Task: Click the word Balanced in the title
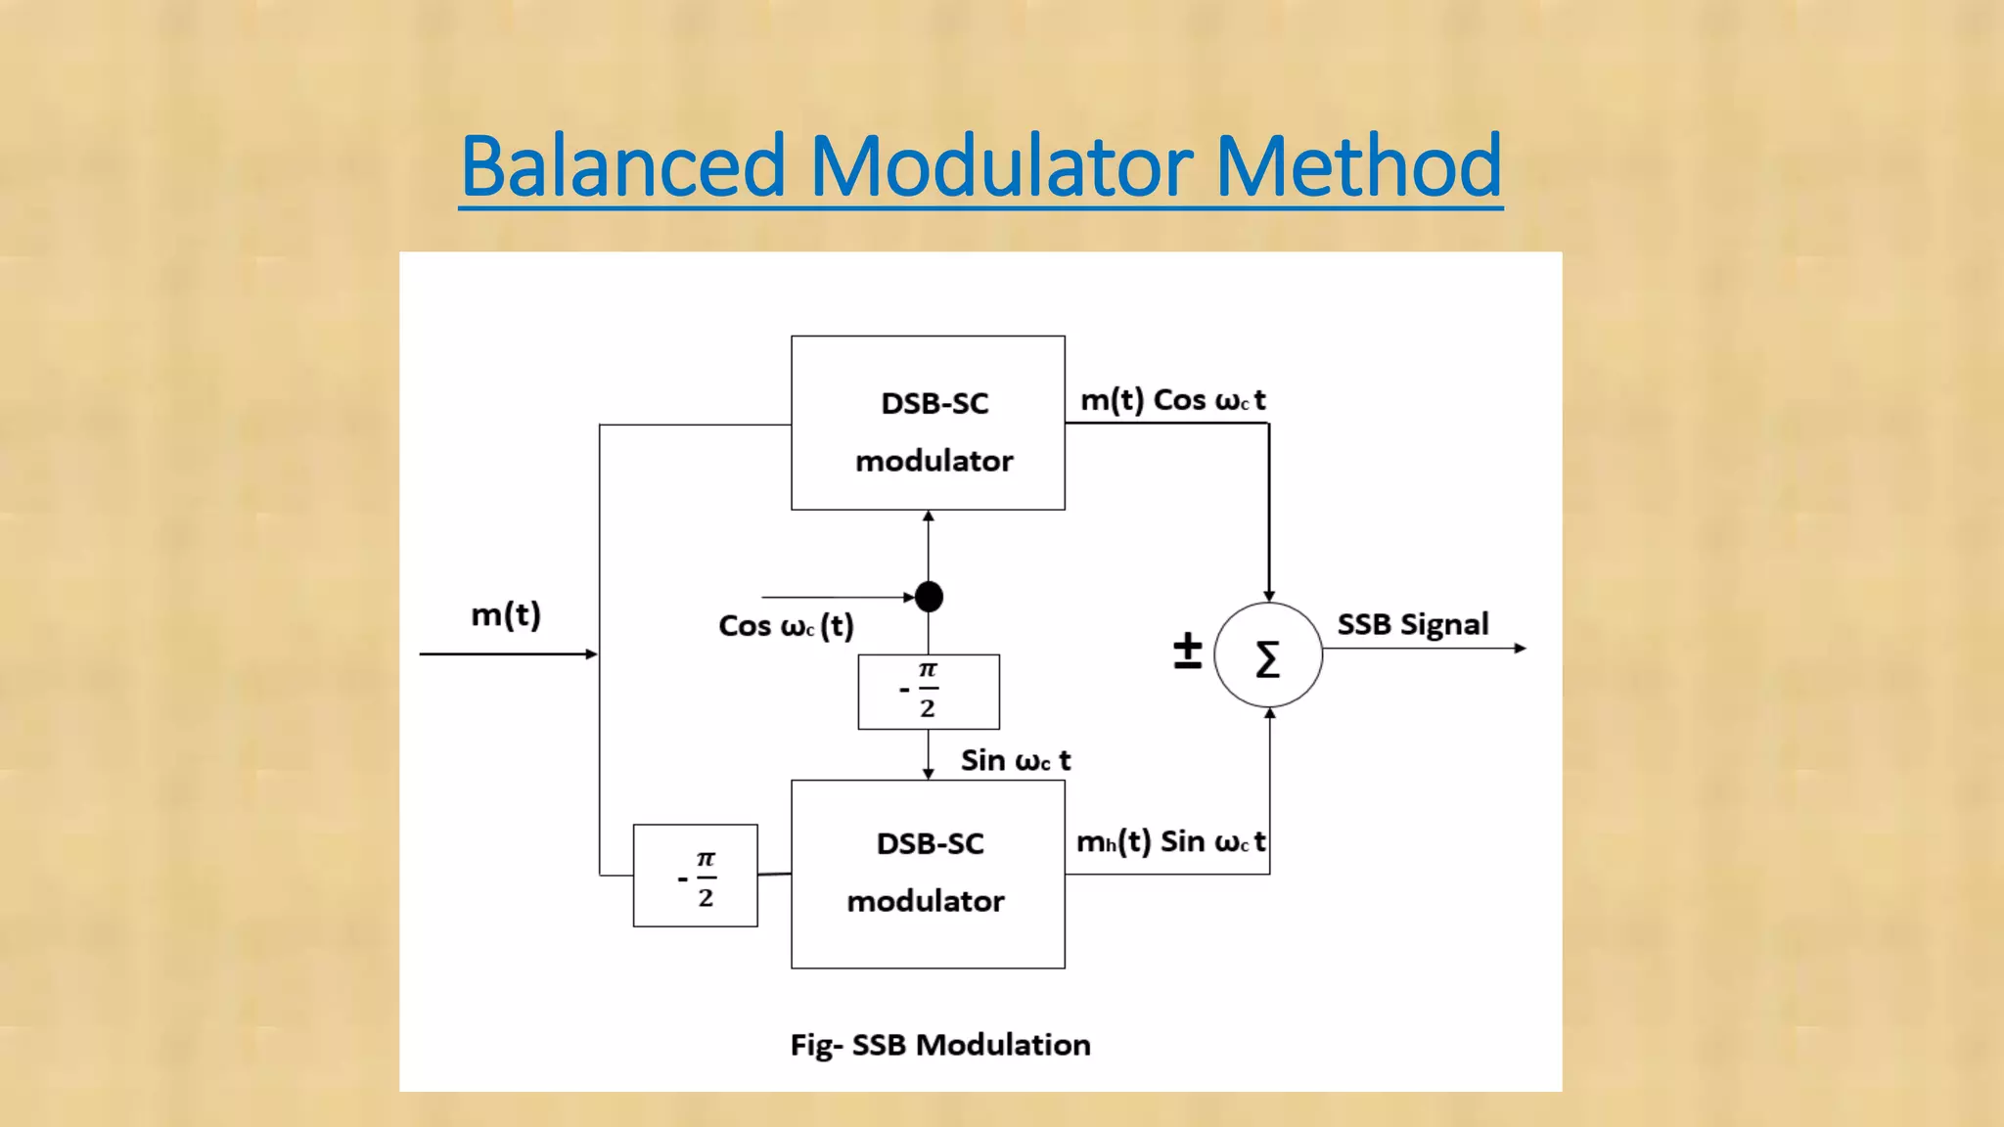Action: pos(623,165)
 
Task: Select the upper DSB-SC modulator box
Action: pos(928,423)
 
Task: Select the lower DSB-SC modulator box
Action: pos(928,874)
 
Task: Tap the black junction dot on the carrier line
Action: pos(929,596)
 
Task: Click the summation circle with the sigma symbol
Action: pos(1268,655)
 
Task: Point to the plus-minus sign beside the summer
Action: pos(1187,650)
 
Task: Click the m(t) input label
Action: pos(506,614)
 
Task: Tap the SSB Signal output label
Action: pos(1412,624)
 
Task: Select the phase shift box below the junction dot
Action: pos(929,692)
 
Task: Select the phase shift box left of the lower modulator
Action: pos(695,876)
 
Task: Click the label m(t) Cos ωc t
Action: pos(1172,400)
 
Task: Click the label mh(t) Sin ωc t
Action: pos(1170,841)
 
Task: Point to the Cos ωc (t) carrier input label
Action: pos(786,625)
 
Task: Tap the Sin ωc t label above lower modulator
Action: pos(1015,760)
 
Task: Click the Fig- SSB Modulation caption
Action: pos(939,1045)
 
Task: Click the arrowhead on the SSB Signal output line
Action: pos(1520,648)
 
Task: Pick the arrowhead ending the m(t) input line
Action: pos(591,654)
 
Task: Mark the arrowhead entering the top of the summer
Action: pos(1269,596)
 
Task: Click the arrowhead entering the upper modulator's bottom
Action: pos(929,517)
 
